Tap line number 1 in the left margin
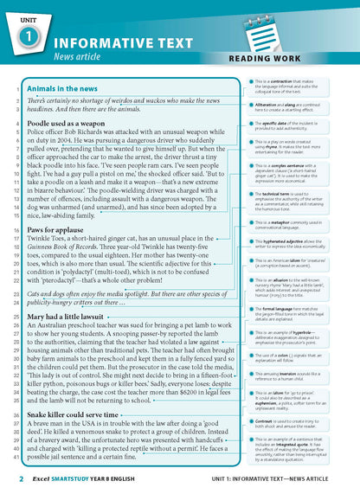tap(18, 88)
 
